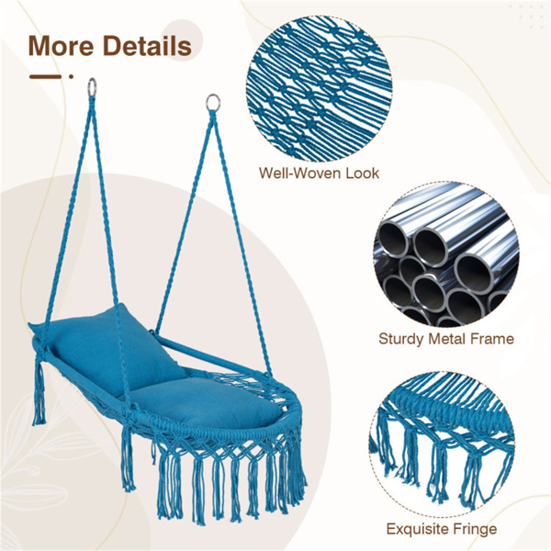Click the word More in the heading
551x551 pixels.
click(x=61, y=46)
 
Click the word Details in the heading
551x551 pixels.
click(x=147, y=46)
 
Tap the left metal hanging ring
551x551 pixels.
click(x=92, y=87)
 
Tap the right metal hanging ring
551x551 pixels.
click(x=213, y=103)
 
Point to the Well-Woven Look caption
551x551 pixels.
click(x=319, y=174)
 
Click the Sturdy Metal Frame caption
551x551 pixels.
click(x=446, y=339)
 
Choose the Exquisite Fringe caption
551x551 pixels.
click(x=442, y=529)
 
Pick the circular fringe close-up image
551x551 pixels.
click(x=442, y=444)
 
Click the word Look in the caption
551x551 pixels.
click(x=363, y=174)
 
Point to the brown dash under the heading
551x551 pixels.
click(x=46, y=76)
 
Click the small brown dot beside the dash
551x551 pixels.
click(x=71, y=76)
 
